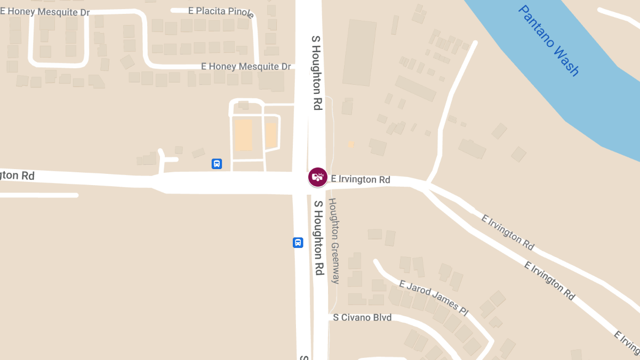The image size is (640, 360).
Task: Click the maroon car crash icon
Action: pyautogui.click(x=318, y=177)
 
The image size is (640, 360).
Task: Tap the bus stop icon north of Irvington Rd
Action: pyautogui.click(x=217, y=164)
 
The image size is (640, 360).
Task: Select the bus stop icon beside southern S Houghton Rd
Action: pyautogui.click(x=298, y=243)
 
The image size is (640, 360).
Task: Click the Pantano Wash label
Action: pyautogui.click(x=548, y=41)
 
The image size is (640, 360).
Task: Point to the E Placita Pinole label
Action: pyautogui.click(x=221, y=11)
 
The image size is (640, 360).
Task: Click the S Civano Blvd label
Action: pyautogui.click(x=362, y=318)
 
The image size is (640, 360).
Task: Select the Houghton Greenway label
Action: pyautogui.click(x=334, y=241)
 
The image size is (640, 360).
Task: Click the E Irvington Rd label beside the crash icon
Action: pyautogui.click(x=361, y=180)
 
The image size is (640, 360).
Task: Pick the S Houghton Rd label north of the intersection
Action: pyautogui.click(x=316, y=73)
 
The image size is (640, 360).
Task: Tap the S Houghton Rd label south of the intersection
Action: pyautogui.click(x=318, y=238)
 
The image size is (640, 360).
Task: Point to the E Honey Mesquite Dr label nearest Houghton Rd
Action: pyautogui.click(x=246, y=67)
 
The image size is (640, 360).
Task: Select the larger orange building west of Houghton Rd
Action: pyautogui.click(x=243, y=134)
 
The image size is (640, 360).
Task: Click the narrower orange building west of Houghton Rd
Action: pyautogui.click(x=271, y=135)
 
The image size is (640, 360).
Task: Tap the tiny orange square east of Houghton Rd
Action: pyautogui.click(x=350, y=144)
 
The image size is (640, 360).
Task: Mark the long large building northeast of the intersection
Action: pyautogui.click(x=359, y=53)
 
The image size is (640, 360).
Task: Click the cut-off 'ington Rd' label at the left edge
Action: pyautogui.click(x=17, y=175)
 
